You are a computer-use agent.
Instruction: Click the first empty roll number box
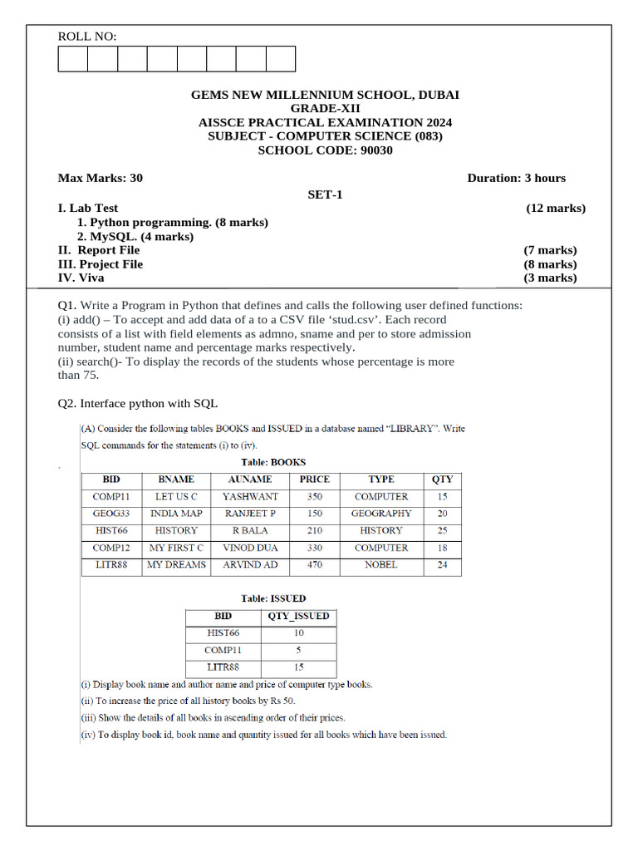click(73, 59)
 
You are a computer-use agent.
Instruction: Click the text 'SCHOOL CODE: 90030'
click(325, 150)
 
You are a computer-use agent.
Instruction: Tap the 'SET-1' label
click(325, 194)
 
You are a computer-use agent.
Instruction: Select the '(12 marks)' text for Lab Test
click(555, 209)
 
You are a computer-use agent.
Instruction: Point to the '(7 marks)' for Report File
click(549, 250)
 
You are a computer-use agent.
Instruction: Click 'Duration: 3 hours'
click(516, 178)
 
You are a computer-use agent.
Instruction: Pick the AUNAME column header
click(250, 480)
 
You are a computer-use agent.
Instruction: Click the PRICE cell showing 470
click(315, 565)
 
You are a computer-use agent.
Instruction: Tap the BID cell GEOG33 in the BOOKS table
click(111, 514)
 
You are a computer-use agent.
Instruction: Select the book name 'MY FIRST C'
click(176, 548)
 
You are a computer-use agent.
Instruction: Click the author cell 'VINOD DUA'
click(250, 548)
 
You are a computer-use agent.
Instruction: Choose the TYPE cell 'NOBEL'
click(380, 565)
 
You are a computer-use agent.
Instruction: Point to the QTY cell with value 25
click(442, 531)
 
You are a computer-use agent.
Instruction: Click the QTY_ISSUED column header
click(298, 617)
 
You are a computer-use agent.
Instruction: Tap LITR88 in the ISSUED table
click(223, 667)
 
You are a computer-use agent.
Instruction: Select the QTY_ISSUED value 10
click(298, 633)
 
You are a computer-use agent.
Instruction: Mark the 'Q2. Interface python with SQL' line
click(137, 403)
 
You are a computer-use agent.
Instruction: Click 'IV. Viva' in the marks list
click(81, 278)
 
